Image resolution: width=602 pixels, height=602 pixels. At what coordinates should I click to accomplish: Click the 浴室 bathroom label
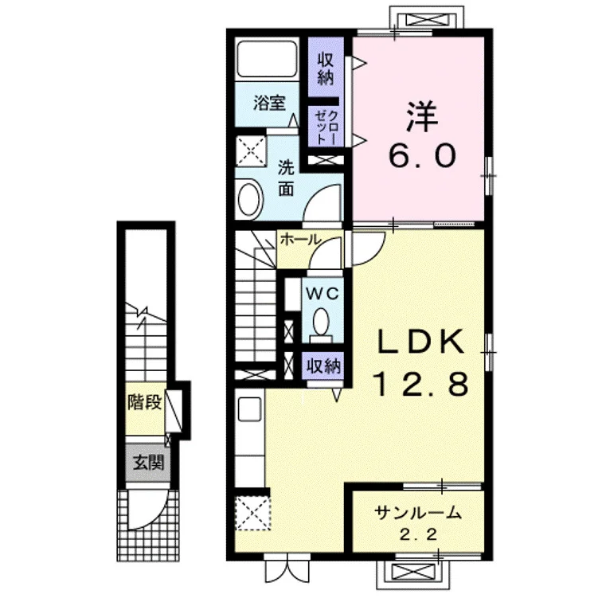(x=269, y=103)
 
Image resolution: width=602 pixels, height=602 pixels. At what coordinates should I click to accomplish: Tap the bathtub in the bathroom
(x=268, y=59)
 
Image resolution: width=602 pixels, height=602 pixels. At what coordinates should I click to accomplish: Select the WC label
(x=322, y=294)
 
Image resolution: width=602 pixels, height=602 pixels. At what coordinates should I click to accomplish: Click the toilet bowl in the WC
(x=321, y=322)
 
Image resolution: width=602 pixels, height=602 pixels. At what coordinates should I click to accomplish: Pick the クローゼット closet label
(x=326, y=127)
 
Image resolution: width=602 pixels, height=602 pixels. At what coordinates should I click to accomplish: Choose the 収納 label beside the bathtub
(x=325, y=69)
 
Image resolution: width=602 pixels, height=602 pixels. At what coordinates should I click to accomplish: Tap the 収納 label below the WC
(x=323, y=366)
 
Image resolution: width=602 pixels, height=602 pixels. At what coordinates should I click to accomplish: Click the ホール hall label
(x=300, y=240)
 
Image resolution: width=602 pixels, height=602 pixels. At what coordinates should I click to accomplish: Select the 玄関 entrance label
(x=148, y=463)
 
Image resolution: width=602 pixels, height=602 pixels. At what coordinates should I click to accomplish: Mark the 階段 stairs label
(x=145, y=401)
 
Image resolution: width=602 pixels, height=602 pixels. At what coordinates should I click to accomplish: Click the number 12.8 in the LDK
(x=420, y=384)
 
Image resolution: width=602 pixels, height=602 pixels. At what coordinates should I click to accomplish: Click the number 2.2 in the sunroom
(x=418, y=535)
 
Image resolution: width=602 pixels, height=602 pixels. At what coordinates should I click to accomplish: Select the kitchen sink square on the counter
(x=249, y=409)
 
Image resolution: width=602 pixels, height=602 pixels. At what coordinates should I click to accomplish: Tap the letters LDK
(x=421, y=342)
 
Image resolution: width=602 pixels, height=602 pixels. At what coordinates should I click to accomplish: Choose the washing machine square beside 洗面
(x=251, y=150)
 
